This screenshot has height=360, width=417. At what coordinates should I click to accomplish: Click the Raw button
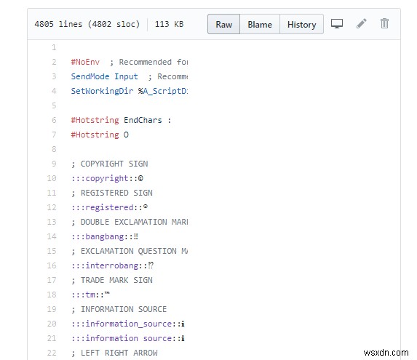[x=223, y=24]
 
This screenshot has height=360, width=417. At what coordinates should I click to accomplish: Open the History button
[x=301, y=24]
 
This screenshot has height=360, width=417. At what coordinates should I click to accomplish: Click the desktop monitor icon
[x=337, y=24]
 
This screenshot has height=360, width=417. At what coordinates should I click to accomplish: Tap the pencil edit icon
[x=362, y=23]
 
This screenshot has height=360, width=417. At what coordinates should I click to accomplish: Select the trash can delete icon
[x=384, y=23]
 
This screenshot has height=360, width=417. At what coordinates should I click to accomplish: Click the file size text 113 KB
[x=169, y=24]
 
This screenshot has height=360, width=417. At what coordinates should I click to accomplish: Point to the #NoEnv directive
[x=85, y=62]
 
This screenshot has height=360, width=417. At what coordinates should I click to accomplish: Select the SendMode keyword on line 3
[x=90, y=76]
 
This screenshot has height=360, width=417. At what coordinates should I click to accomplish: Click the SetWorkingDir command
[x=102, y=91]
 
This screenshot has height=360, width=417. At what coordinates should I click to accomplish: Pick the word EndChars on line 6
[x=143, y=120]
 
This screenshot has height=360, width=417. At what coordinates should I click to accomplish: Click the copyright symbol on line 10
[x=140, y=178]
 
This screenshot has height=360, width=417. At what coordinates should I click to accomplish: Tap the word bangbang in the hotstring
[x=105, y=236]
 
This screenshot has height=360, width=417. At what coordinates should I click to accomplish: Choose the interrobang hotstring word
[x=111, y=265]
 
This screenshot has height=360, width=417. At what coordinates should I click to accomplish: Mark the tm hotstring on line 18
[x=90, y=295]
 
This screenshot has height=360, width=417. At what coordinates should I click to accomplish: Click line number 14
[x=52, y=236]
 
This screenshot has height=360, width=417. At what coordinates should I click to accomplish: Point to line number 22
[x=52, y=353]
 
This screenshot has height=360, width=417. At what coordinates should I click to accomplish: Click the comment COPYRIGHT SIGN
[x=114, y=164]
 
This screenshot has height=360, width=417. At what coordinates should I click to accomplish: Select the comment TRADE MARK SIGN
[x=116, y=280]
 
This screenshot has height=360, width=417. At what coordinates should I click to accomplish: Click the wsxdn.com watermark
[x=386, y=353]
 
